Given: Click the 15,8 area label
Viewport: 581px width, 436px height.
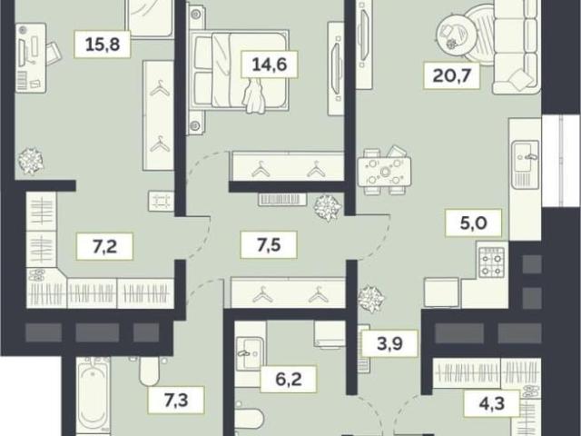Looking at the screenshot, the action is (x=103, y=45).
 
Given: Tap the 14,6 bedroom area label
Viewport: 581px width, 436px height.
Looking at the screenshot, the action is (x=269, y=64).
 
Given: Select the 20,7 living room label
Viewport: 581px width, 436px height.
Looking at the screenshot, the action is (x=452, y=75).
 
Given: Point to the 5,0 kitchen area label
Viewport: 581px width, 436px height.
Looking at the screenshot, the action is (x=474, y=223).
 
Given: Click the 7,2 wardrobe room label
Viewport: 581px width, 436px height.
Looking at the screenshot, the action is (x=105, y=246).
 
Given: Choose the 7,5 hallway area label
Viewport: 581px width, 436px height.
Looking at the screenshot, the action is (x=269, y=244).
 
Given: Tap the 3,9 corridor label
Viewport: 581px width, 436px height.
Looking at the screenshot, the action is (x=390, y=343).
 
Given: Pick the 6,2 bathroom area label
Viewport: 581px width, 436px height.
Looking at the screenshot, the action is (x=289, y=379).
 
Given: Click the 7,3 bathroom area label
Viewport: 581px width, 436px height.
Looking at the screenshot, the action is (x=176, y=400).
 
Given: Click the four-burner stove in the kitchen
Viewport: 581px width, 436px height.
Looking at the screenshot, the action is (x=492, y=263).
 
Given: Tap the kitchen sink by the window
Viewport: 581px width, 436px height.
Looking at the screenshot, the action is (x=526, y=163).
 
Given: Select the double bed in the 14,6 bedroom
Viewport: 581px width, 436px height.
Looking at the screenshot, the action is (x=239, y=71).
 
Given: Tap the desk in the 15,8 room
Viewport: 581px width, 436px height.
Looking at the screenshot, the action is (x=31, y=58).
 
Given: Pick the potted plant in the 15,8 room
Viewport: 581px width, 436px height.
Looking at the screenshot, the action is (x=30, y=161).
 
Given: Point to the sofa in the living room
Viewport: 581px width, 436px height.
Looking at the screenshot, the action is (x=516, y=46).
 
